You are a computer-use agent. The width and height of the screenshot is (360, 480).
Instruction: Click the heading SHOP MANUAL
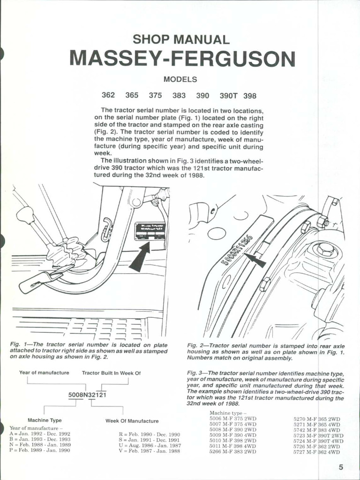(181, 40)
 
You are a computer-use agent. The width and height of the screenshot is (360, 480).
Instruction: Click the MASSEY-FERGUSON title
(182, 59)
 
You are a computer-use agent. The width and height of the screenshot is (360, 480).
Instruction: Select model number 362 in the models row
(108, 95)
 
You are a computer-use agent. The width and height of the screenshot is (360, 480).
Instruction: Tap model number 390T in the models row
(229, 96)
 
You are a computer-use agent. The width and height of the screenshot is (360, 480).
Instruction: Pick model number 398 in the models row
(250, 96)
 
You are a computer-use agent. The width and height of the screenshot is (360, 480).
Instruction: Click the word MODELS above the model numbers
(180, 80)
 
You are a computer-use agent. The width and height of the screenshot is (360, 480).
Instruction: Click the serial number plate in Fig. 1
(150, 231)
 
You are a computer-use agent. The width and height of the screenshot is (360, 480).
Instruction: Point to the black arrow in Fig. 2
(256, 259)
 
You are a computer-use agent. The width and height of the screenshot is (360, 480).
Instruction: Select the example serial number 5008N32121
(88, 395)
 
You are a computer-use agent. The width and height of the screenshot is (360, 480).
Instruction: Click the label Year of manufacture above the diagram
(44, 373)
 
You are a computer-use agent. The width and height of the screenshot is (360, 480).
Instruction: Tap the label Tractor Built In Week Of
(111, 373)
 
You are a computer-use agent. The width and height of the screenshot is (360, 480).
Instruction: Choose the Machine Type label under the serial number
(45, 420)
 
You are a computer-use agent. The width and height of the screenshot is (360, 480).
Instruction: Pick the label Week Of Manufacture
(132, 421)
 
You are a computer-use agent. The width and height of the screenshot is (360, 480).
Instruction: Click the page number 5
(341, 467)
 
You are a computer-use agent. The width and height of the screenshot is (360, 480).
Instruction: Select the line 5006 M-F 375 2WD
(232, 418)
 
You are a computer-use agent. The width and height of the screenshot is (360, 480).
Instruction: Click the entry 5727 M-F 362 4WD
(317, 452)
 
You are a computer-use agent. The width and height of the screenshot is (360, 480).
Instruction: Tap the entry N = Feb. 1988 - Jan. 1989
(40, 445)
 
